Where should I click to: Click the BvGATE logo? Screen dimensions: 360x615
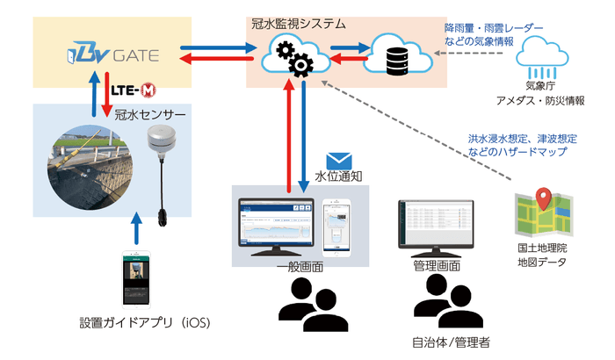click(x=112, y=55)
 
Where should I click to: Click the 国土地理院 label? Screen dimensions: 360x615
click(x=539, y=248)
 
